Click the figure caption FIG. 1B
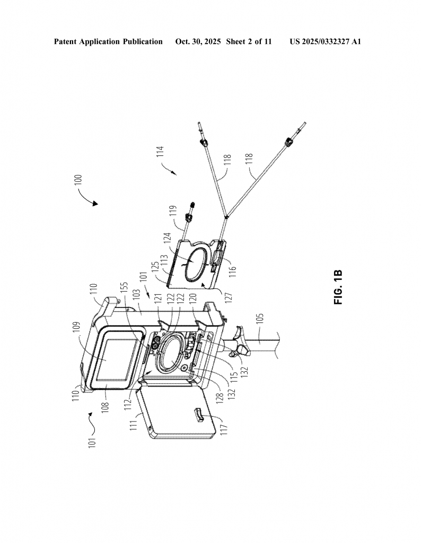[x=338, y=287]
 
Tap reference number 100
[x=79, y=181]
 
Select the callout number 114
[x=160, y=152]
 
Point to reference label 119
[x=174, y=213]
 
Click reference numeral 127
[x=228, y=296]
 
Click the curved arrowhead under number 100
[x=95, y=204]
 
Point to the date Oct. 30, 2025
[x=198, y=41]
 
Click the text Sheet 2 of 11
[x=249, y=41]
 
